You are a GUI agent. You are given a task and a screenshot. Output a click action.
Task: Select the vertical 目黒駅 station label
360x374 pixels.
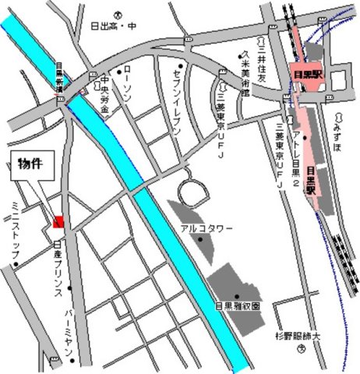pos(310,180)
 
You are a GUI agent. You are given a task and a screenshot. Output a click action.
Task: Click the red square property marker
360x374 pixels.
pos(58,223)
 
